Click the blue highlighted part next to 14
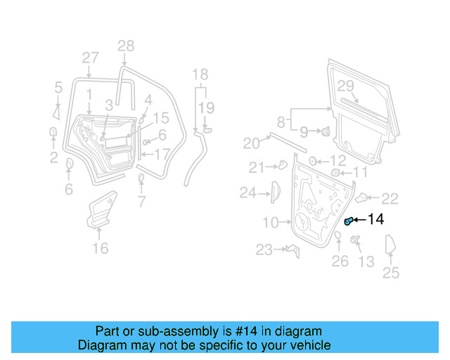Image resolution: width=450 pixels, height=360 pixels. click(348, 221)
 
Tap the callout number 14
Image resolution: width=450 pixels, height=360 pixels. click(375, 220)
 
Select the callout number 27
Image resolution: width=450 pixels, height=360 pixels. click(90, 58)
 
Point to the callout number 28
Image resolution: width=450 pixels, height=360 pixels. click(125, 47)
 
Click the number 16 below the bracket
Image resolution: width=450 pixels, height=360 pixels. click(101, 248)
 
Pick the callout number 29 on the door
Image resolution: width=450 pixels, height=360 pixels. click(345, 86)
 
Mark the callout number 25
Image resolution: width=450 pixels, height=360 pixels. click(390, 273)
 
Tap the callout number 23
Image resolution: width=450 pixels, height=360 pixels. click(264, 250)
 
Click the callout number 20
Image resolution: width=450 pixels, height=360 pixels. click(251, 143)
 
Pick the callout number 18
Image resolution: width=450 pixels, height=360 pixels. click(200, 74)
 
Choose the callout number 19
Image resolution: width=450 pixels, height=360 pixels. click(205, 107)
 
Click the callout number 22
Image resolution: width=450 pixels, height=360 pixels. click(390, 198)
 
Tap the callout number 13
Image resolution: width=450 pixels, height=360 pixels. click(366, 262)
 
